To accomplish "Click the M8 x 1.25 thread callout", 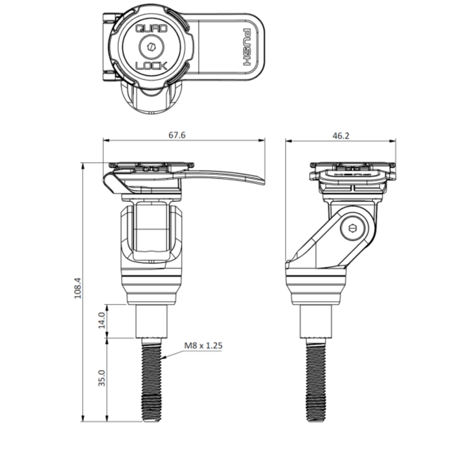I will point(202,345).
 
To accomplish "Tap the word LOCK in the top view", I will point(151,66).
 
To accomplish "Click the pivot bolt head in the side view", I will point(354,228).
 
